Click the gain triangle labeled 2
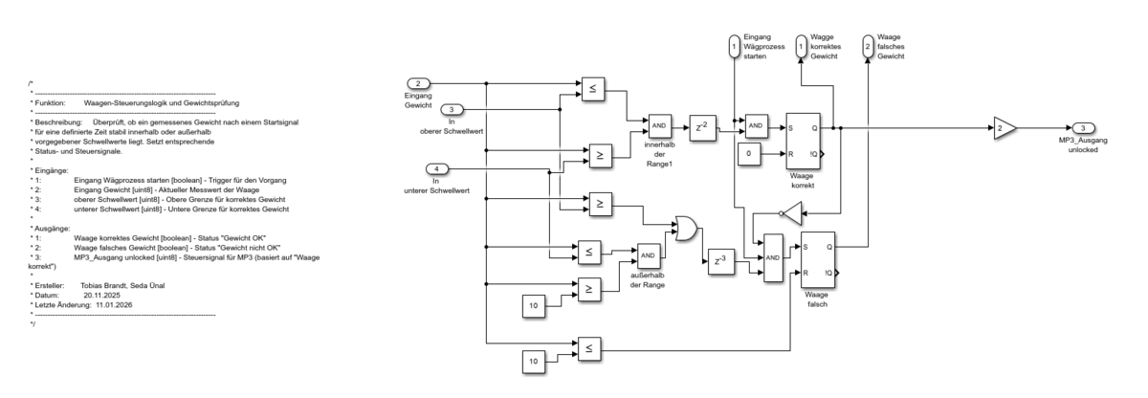pyautogui.click(x=999, y=127)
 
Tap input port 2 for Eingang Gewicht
pyautogui.click(x=418, y=82)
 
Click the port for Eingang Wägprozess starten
pyautogui.click(x=733, y=45)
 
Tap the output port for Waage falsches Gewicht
pyautogui.click(x=867, y=45)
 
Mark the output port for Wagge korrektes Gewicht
pyautogui.click(x=800, y=45)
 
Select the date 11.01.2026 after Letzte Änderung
pyautogui.click(x=114, y=304)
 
